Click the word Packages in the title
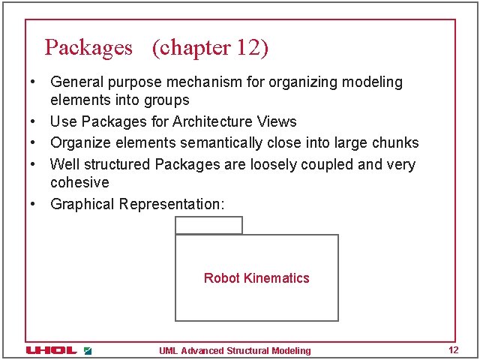coord(88,48)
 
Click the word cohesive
coord(79,182)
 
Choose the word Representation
coord(172,204)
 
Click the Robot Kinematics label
coord(256,278)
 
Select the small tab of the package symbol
coord(208,225)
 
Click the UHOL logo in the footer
coord(52,350)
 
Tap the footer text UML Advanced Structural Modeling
coord(235,350)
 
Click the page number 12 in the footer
coord(452,350)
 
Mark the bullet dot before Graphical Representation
coord(34,204)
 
